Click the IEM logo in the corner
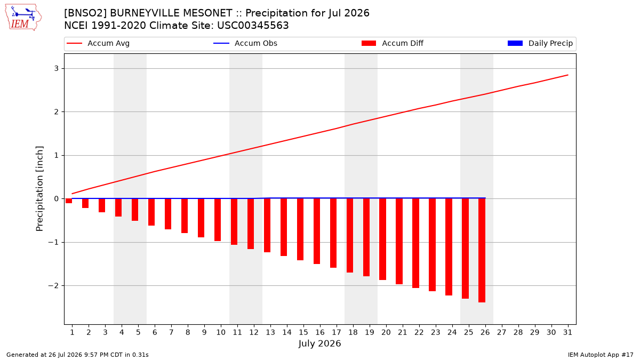[23, 17]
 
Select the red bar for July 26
[482, 250]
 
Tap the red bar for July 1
[69, 201]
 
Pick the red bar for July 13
[267, 226]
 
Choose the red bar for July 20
[382, 239]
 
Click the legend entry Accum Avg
[98, 43]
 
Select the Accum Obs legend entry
[245, 43]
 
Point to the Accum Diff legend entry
[393, 43]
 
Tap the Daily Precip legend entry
[540, 43]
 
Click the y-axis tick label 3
[57, 69]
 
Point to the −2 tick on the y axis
[53, 286]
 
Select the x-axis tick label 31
[567, 332]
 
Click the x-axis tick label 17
[337, 332]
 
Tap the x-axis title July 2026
[319, 343]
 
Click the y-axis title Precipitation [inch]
[39, 189]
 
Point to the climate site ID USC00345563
[253, 26]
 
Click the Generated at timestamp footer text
[77, 355]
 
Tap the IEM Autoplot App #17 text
[601, 355]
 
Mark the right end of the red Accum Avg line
[567, 75]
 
